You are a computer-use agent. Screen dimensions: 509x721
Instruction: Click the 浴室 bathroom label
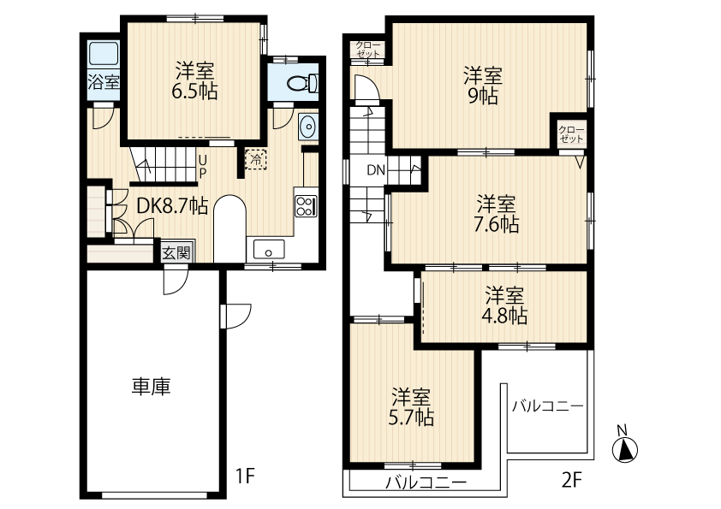pyautogui.click(x=104, y=84)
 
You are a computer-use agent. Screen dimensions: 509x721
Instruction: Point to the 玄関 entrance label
pyautogui.click(x=177, y=252)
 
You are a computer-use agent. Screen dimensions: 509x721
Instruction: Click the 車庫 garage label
pyautogui.click(x=150, y=387)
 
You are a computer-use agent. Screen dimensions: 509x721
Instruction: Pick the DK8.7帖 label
pyautogui.click(x=171, y=205)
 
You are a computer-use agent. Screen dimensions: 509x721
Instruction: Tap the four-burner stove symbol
pyautogui.click(x=306, y=205)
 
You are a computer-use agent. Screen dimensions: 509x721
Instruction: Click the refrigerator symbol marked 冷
pyautogui.click(x=255, y=158)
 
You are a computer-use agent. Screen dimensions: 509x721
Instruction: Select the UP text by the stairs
pyautogui.click(x=202, y=166)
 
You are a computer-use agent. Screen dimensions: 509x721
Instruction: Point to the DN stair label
pyautogui.click(x=377, y=169)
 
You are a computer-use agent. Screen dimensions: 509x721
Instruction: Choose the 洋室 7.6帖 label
pyautogui.click(x=497, y=214)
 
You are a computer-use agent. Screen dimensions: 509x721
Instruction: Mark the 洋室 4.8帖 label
pyautogui.click(x=505, y=305)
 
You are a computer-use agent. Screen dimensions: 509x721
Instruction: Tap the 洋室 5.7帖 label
pyautogui.click(x=412, y=407)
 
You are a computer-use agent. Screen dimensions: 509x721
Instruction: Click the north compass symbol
pyautogui.click(x=626, y=447)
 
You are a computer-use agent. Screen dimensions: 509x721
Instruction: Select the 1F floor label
pyautogui.click(x=246, y=476)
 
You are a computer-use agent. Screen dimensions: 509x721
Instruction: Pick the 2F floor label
pyautogui.click(x=571, y=479)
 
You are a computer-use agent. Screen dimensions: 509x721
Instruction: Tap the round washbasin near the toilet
pyautogui.click(x=307, y=127)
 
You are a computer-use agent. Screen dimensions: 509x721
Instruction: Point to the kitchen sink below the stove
pyautogui.click(x=271, y=251)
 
